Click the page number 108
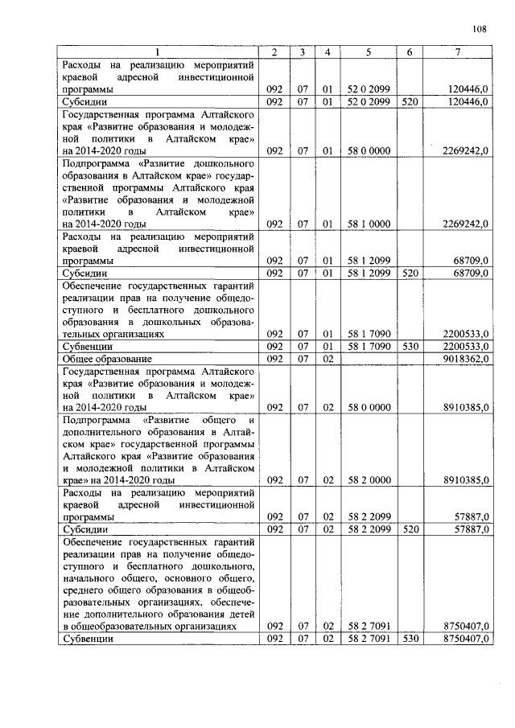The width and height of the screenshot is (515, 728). coord(480,29)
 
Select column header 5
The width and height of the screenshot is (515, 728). coord(368,52)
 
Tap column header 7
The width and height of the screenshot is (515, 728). coord(457,52)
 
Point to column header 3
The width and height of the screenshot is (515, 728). coord(301,52)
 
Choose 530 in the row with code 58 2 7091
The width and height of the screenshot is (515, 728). coord(409,637)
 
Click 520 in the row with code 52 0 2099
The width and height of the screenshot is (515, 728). coord(409,102)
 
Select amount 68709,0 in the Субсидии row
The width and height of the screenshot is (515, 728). coord(470,274)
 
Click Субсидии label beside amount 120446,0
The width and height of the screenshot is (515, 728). coord(85,102)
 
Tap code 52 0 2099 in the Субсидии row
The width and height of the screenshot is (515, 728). coord(368,102)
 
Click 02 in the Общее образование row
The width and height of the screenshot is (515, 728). coord(328,358)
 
